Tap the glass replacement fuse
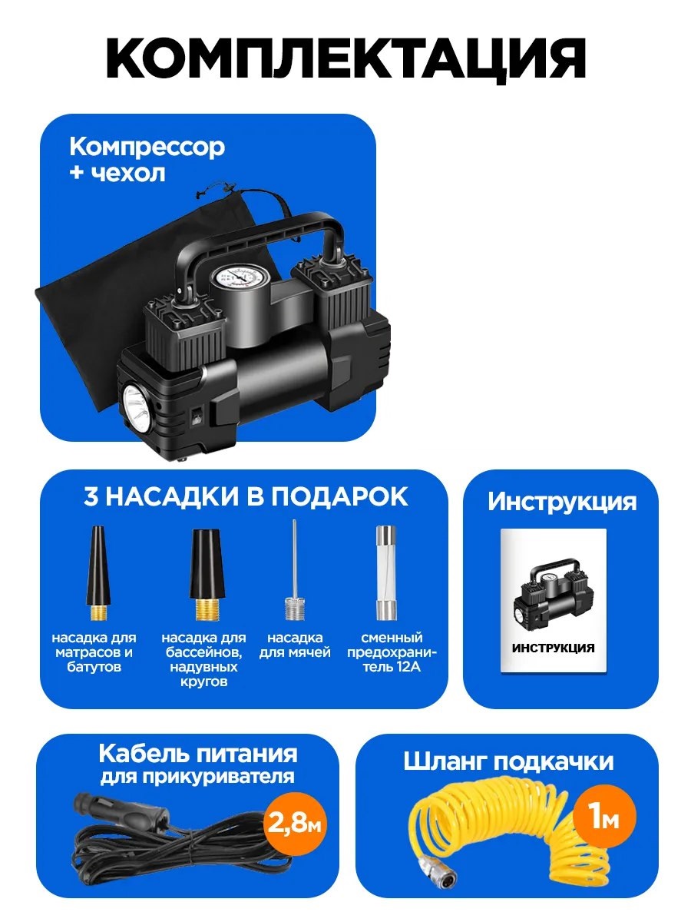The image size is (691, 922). [x=385, y=573]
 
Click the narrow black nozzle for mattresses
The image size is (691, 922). [x=98, y=573]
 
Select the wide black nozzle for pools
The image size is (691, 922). [x=204, y=575]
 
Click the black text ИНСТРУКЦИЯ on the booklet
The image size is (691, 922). [x=553, y=648]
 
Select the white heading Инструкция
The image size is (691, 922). [x=562, y=502]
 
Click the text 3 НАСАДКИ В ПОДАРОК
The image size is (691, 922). [x=246, y=497]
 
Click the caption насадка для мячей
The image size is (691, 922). [x=295, y=645]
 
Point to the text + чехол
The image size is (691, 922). [x=118, y=173]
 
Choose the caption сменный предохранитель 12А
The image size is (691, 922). [x=392, y=652]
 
